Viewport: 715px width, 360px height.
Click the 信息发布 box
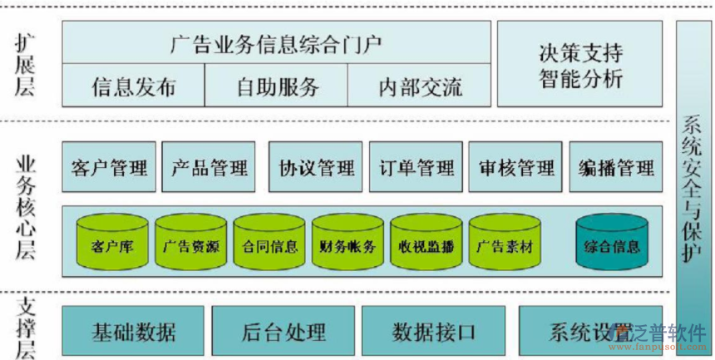pos(133,86)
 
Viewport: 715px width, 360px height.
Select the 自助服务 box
pos(277,86)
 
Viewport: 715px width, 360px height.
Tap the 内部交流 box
pos(420,86)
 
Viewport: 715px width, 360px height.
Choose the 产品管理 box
pos(209,168)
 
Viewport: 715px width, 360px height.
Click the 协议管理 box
pos(316,168)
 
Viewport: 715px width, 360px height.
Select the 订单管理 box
pos(415,168)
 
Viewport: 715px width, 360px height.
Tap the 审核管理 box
pos(516,168)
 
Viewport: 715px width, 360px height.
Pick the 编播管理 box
pos(616,168)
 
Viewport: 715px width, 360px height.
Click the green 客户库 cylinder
pos(111,243)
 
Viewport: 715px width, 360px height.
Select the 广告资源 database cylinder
pos(190,243)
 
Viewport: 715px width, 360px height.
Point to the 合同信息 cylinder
pos(269,243)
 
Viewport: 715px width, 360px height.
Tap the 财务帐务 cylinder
pos(348,243)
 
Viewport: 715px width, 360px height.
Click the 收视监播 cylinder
pos(426,243)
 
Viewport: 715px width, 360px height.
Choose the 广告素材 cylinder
pos(504,243)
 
